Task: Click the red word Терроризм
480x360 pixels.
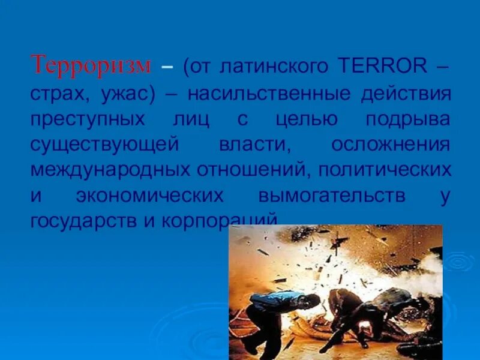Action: pyautogui.click(x=91, y=64)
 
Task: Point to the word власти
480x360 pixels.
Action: pyautogui.click(x=249, y=145)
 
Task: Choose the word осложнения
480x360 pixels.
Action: pyautogui.click(x=391, y=145)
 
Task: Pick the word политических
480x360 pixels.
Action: pyautogui.click(x=385, y=170)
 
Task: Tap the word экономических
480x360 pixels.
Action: pyautogui.click(x=150, y=196)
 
